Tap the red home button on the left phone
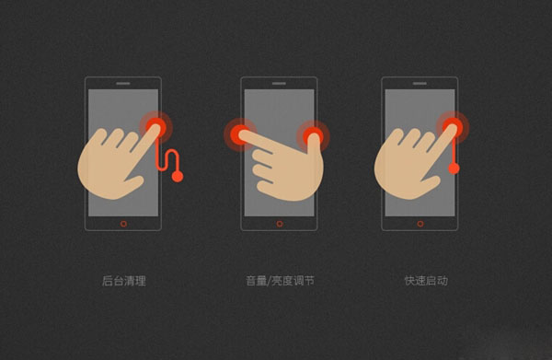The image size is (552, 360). point(123,224)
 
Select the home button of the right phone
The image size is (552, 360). point(420,224)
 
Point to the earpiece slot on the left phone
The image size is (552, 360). point(123,85)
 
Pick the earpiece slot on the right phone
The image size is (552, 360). point(420,85)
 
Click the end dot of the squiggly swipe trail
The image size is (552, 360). point(178,176)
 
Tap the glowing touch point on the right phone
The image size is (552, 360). point(453,126)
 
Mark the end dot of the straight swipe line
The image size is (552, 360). point(454,168)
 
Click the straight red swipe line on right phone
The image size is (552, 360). point(454,152)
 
